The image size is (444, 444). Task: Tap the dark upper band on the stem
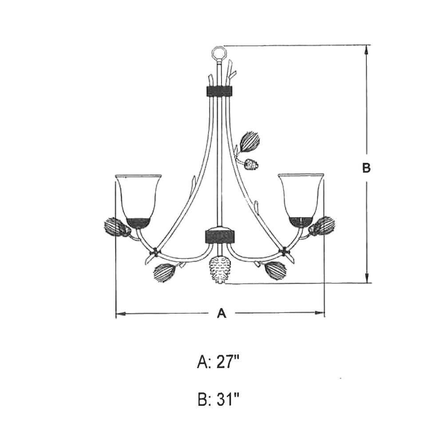pyautogui.click(x=218, y=91)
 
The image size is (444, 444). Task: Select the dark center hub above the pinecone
pyautogui.click(x=220, y=235)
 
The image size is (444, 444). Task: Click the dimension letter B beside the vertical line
pyautogui.click(x=366, y=168)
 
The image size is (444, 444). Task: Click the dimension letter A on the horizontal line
pyautogui.click(x=222, y=313)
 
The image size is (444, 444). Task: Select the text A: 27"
pyautogui.click(x=218, y=362)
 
